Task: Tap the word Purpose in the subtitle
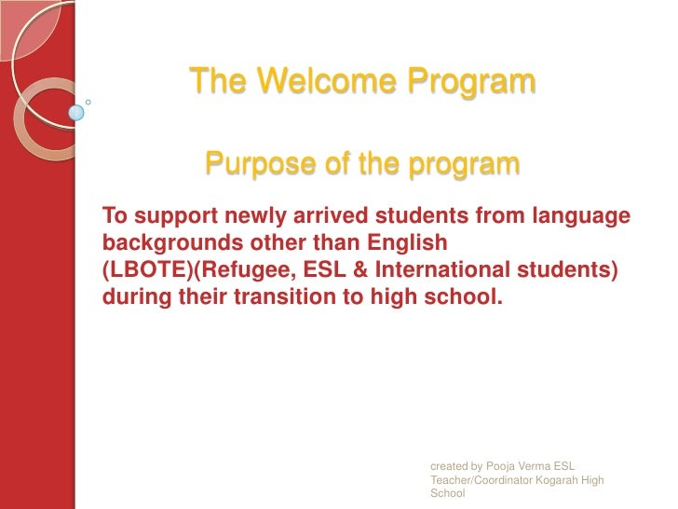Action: tap(253, 165)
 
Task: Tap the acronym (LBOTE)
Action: tap(142, 270)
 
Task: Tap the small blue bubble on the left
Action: tap(76, 113)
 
